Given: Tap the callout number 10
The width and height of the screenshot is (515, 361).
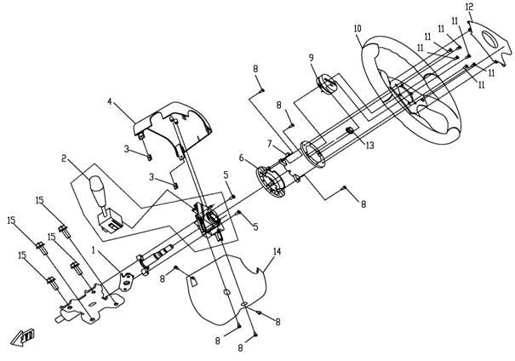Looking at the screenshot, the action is point(358,29).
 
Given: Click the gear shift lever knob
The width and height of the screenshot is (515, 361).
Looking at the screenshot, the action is point(97,187).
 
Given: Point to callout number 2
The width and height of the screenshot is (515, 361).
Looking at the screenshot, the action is point(64,158).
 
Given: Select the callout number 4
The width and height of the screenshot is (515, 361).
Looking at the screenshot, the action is point(110,101).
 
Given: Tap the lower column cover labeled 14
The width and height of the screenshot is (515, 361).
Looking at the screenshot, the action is point(226,289).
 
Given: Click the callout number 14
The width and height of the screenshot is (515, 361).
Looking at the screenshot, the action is point(277,252).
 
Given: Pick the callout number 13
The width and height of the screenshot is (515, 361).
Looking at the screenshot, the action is point(369,145).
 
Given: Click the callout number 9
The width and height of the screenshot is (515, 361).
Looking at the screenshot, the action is point(311,58).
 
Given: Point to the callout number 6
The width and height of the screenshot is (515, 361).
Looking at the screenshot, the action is point(242,158).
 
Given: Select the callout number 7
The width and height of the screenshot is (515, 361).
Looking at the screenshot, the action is point(270,144).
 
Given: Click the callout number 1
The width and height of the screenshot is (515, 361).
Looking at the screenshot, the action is point(94,250).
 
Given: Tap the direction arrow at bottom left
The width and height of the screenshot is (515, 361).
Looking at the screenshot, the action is point(22,337).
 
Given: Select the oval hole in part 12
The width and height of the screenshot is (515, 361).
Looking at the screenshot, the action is point(489,39).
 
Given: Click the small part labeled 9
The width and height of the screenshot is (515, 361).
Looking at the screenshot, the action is point(327,82).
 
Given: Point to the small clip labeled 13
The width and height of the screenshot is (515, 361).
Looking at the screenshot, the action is point(350,131).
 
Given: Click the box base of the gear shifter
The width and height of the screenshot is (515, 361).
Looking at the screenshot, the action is point(110,222).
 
